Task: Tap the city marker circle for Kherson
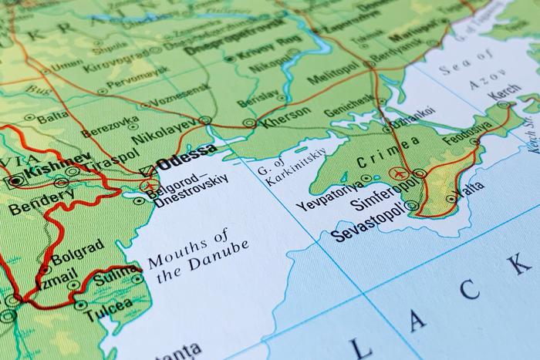248,123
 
